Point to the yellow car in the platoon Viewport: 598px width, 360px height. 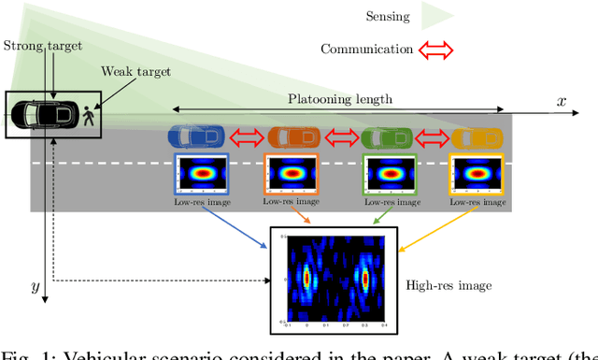point(476,137)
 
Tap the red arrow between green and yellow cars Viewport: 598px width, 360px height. point(432,138)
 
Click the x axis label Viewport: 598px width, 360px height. point(561,101)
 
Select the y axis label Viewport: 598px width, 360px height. point(36,287)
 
